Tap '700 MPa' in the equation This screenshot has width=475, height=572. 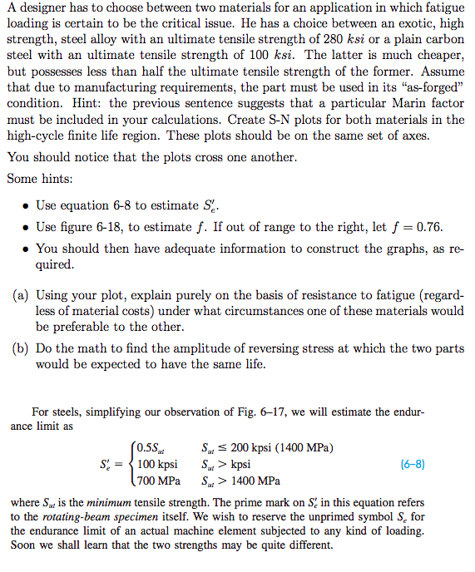pos(159,481)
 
